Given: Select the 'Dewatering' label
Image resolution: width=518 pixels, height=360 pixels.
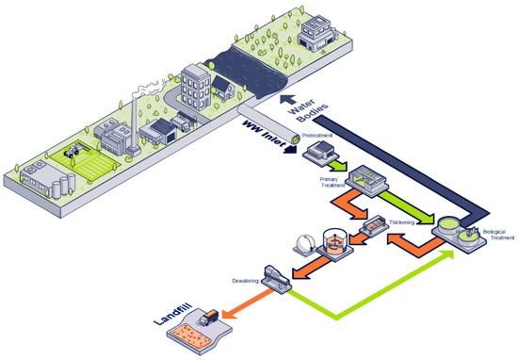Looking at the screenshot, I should (243, 279).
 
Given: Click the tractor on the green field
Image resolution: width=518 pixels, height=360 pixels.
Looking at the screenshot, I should (73, 149).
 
